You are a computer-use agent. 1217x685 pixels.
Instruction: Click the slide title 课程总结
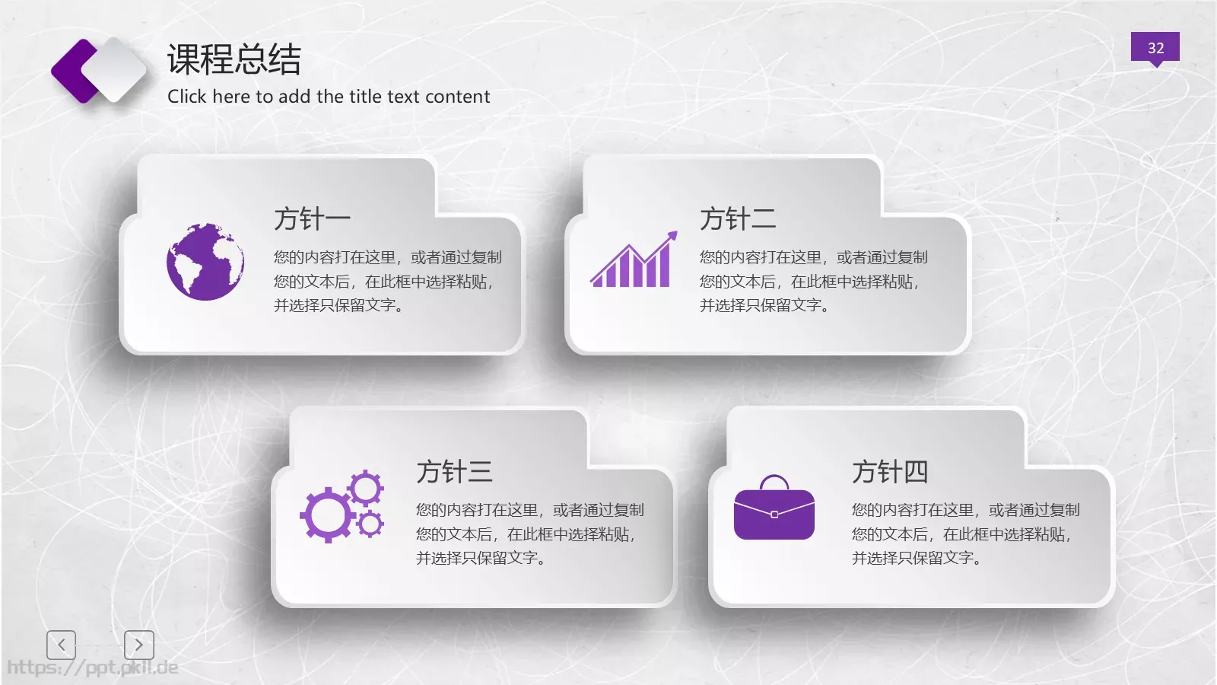(x=234, y=59)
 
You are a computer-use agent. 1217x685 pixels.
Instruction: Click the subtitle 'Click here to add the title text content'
(x=329, y=97)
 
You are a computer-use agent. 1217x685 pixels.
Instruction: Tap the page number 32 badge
(x=1155, y=48)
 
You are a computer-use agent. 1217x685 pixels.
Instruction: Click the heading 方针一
(x=312, y=218)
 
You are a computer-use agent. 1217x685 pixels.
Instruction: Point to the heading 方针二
(x=738, y=218)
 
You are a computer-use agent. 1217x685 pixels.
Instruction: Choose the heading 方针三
(x=454, y=472)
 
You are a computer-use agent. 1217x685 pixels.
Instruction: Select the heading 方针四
(x=890, y=472)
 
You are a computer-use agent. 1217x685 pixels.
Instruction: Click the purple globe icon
(x=205, y=261)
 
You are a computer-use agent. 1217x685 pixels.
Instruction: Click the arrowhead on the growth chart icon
(x=671, y=237)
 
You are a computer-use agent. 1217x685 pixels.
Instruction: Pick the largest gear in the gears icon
(x=328, y=515)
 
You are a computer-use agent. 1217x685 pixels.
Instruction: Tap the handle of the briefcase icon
(x=774, y=482)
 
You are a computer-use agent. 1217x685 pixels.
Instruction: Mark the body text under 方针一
(x=386, y=281)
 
